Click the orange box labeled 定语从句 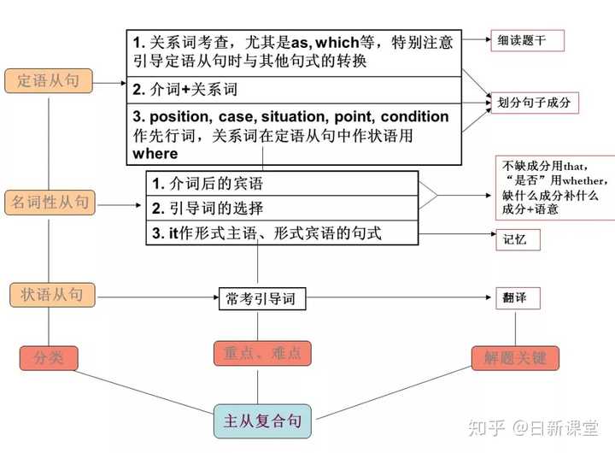click(x=49, y=81)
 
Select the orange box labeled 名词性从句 click(x=50, y=203)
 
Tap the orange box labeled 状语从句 click(x=52, y=295)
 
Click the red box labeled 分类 click(x=49, y=358)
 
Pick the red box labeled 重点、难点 click(x=262, y=353)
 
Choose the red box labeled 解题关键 click(x=515, y=358)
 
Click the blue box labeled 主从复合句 click(x=262, y=421)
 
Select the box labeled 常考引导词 click(x=262, y=299)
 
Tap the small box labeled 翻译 click(x=518, y=298)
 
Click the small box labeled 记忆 click(x=518, y=240)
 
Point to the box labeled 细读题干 click(x=528, y=40)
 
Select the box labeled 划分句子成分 click(x=535, y=103)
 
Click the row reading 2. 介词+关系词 click(x=294, y=90)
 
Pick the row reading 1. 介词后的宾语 click(x=282, y=183)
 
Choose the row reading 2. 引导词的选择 click(x=282, y=208)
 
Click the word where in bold click(x=155, y=154)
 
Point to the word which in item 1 click(x=337, y=43)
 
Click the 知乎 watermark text click(x=486, y=428)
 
